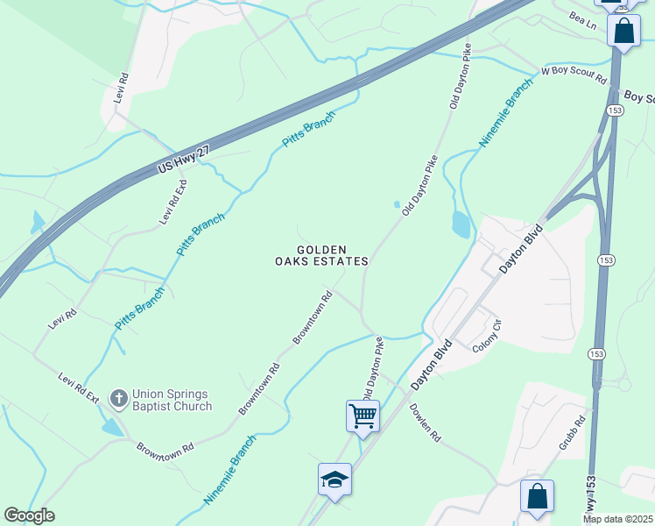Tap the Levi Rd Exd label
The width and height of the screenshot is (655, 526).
[173, 203]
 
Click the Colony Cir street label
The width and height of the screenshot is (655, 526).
[487, 337]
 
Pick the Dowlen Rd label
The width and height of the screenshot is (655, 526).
[424, 423]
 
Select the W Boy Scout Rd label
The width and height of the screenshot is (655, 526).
[574, 75]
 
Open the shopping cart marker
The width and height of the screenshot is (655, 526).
[363, 415]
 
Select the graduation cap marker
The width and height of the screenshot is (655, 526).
[335, 479]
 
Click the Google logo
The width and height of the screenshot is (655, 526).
[29, 515]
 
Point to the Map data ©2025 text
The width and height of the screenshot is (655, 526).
[617, 518]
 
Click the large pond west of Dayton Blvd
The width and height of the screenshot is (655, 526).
[461, 224]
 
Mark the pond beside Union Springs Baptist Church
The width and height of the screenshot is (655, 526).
[113, 427]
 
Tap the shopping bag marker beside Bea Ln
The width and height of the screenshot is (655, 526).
[623, 31]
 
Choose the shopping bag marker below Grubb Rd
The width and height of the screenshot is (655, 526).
[537, 495]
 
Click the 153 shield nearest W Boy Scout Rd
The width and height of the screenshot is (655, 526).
[614, 110]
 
